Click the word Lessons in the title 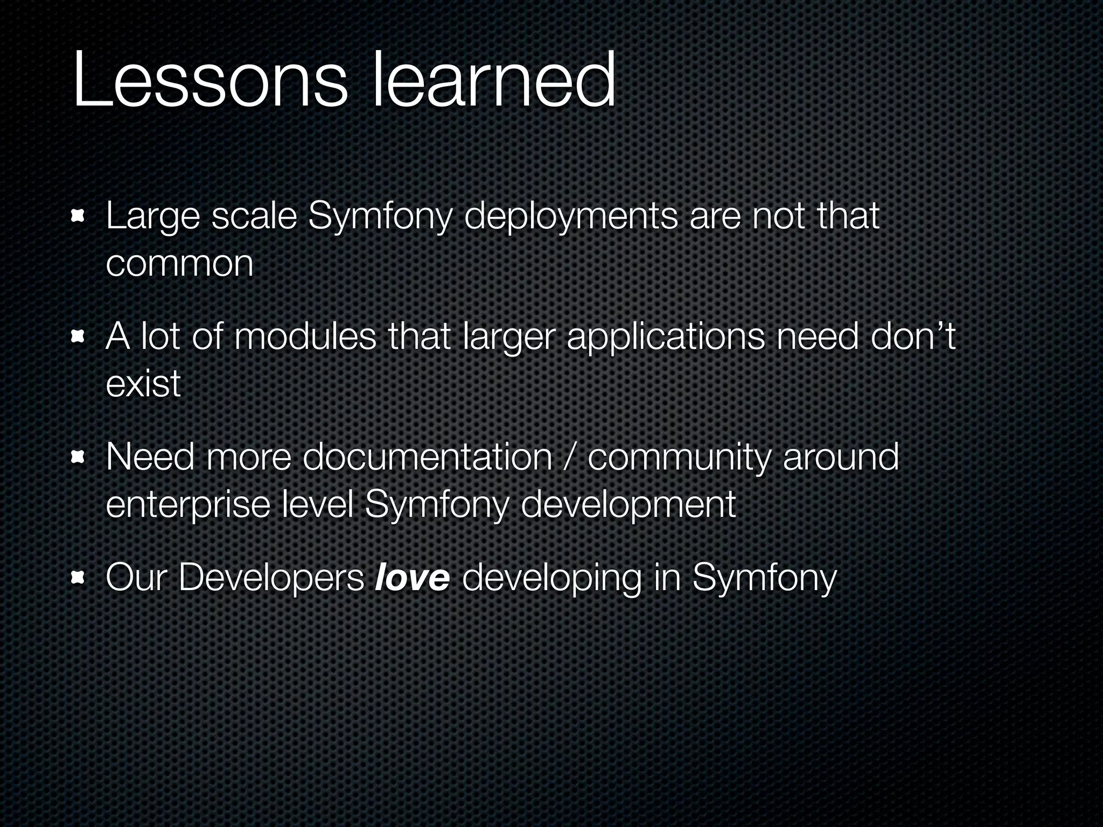coord(210,81)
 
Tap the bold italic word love coord(412,578)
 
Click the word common coord(179,264)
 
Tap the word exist coord(143,384)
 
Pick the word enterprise coord(188,505)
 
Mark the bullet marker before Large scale coord(78,217)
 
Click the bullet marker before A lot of coord(78,337)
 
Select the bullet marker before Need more coord(78,458)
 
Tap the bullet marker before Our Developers coord(78,578)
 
